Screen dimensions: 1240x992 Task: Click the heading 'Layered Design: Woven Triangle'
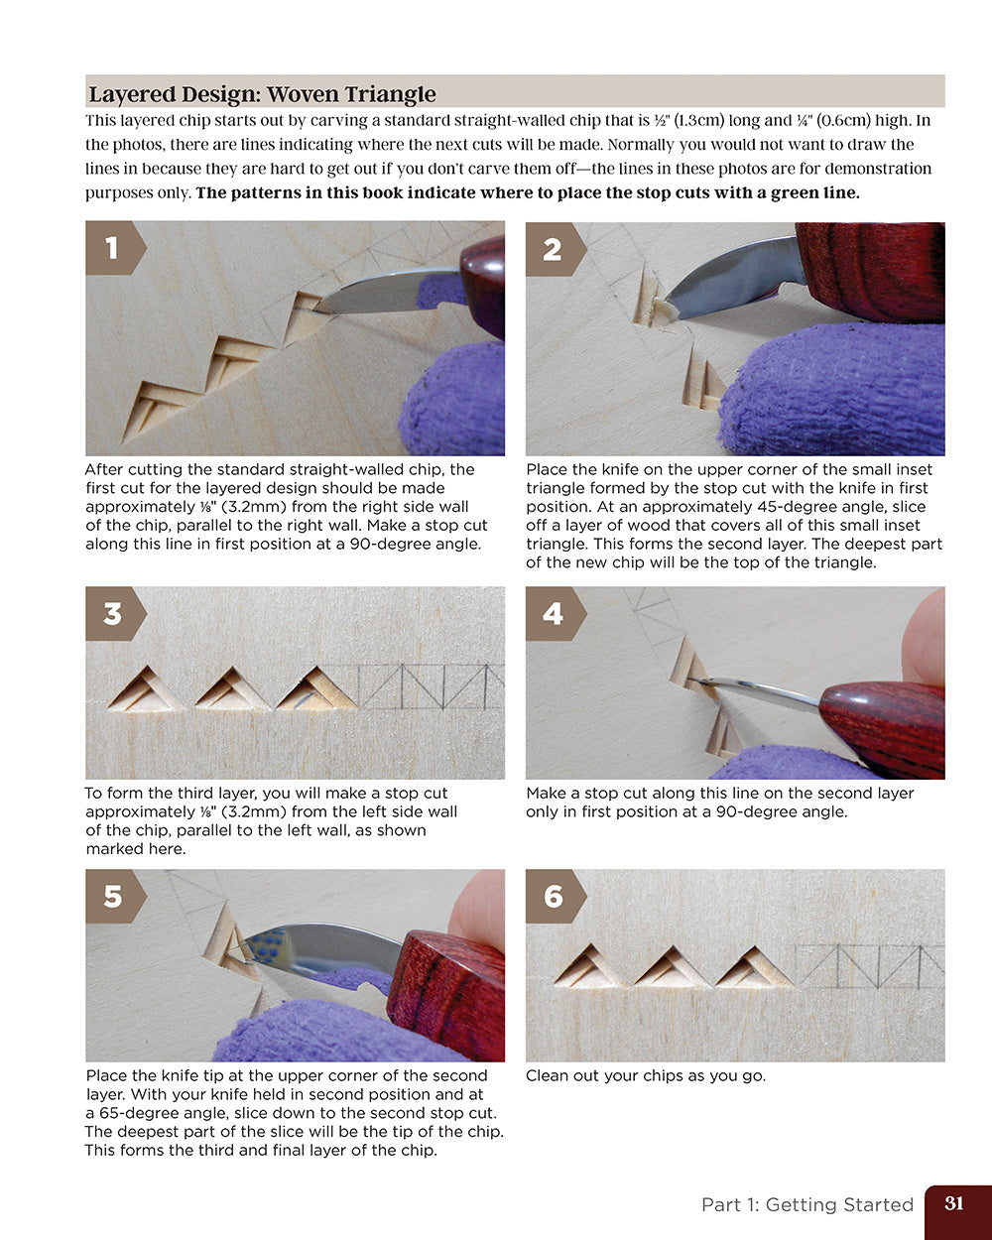pyautogui.click(x=262, y=94)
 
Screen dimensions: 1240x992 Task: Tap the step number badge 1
pyautogui.click(x=112, y=247)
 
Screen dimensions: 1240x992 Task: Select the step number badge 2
pyautogui.click(x=553, y=249)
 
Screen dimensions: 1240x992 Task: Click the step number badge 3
pyautogui.click(x=112, y=613)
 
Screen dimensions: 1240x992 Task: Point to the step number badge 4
pyautogui.click(x=553, y=613)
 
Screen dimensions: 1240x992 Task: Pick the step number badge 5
pyautogui.click(x=112, y=897)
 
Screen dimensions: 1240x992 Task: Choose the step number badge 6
pyautogui.click(x=553, y=897)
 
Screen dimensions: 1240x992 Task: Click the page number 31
pyautogui.click(x=954, y=1203)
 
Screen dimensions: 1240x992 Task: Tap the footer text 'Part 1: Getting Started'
pyautogui.click(x=806, y=1204)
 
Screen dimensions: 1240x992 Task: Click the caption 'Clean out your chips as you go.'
pyautogui.click(x=645, y=1075)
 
